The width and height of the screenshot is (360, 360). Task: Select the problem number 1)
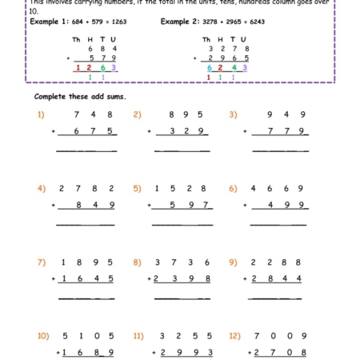click(x=41, y=114)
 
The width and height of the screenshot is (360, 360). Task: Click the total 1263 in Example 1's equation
click(x=112, y=22)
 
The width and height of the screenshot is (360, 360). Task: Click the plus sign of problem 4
click(x=54, y=205)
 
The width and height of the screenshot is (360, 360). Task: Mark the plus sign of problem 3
click(x=248, y=131)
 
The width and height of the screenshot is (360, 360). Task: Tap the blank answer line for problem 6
click(x=278, y=225)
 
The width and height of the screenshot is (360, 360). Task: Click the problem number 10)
click(x=43, y=335)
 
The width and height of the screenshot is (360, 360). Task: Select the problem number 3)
click(x=233, y=114)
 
